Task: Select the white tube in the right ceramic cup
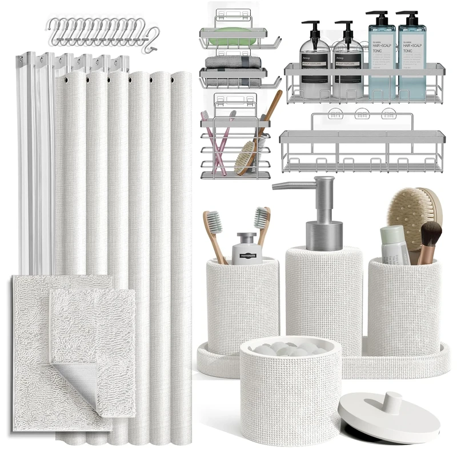(x=394, y=243)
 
